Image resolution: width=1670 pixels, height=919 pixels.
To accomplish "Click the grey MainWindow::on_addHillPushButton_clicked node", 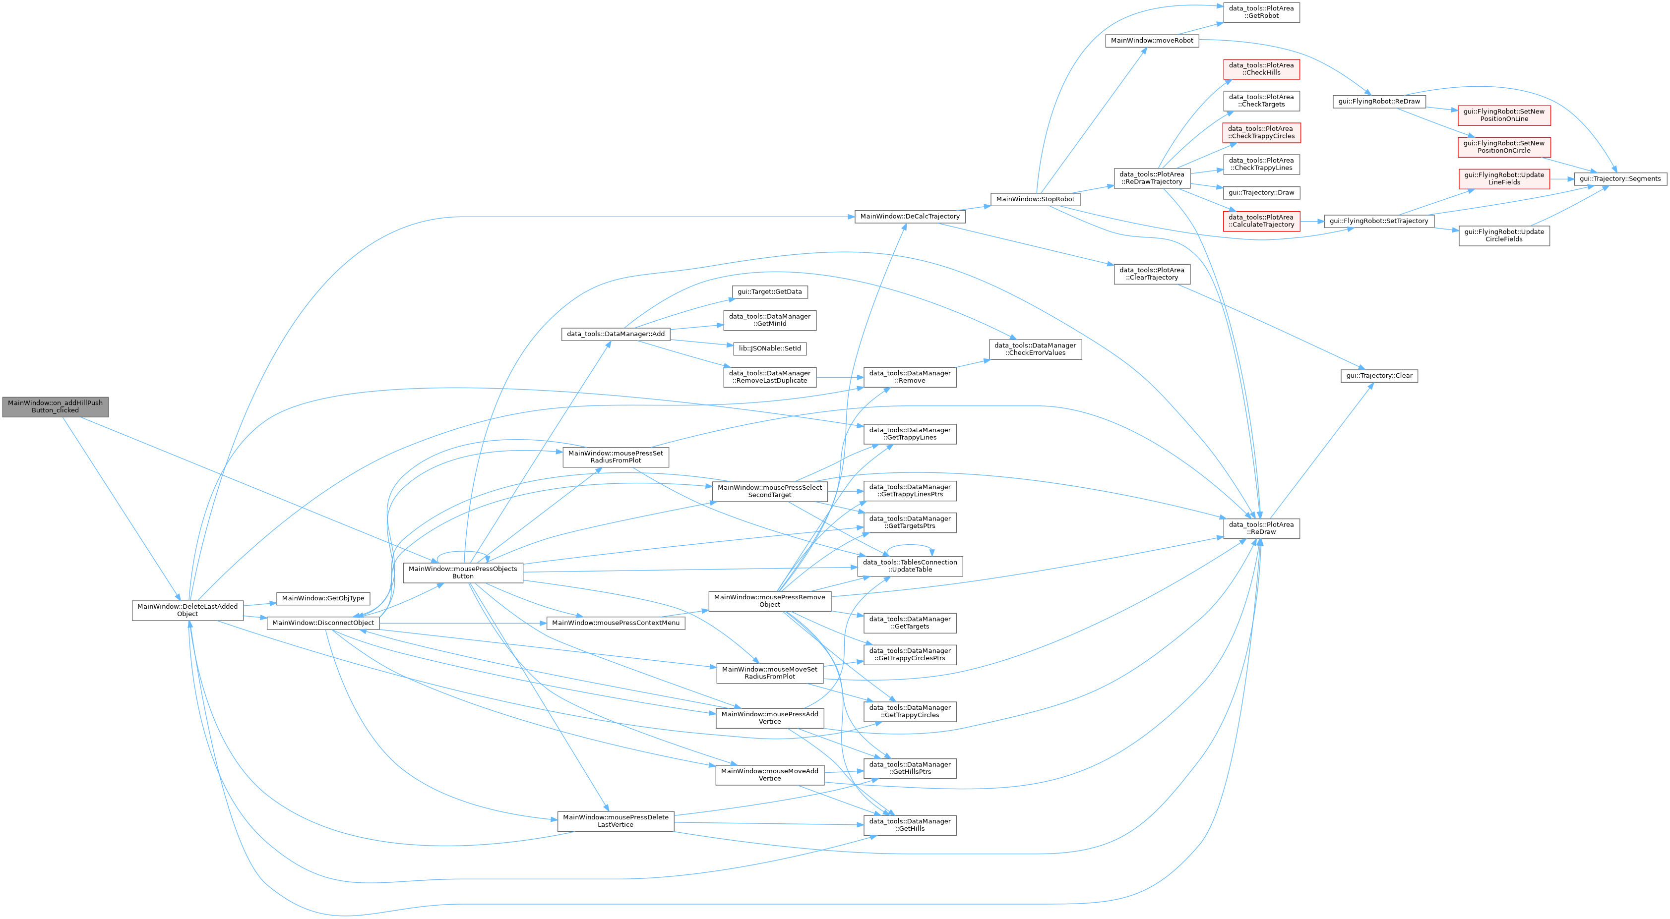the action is (55, 406).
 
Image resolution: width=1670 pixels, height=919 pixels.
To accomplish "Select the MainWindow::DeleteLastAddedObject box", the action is (188, 610).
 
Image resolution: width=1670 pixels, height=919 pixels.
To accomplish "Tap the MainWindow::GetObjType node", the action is (323, 598).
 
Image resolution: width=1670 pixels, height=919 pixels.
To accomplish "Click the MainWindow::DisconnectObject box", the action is (323, 623).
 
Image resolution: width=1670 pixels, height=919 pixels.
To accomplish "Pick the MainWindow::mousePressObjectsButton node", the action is (463, 573).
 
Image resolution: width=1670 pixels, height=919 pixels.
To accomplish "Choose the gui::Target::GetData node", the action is (769, 291).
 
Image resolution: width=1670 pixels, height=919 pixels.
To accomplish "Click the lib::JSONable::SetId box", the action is (769, 348).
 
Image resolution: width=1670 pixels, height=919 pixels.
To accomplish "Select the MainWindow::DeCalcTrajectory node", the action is (910, 217).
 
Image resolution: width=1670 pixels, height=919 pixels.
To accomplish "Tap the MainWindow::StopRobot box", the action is (1035, 199).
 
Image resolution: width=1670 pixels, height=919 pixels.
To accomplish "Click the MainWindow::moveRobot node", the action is (1152, 40).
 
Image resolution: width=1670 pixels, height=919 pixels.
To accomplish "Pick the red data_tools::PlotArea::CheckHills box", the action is (1262, 69).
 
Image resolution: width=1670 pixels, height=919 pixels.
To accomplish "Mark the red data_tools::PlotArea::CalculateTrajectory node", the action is (1262, 221).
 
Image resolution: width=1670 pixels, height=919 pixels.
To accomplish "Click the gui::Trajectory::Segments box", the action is (1620, 179).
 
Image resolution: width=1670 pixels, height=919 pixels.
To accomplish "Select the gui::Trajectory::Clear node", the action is (1379, 376).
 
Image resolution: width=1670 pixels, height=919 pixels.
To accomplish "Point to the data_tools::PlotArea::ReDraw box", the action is (1262, 528).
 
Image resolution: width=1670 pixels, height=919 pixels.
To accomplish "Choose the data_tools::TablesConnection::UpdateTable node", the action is (910, 566).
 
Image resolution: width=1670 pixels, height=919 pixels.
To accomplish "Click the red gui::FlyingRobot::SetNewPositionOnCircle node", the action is (1504, 147).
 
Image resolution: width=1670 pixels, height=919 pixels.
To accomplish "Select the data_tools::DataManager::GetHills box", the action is (910, 825).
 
